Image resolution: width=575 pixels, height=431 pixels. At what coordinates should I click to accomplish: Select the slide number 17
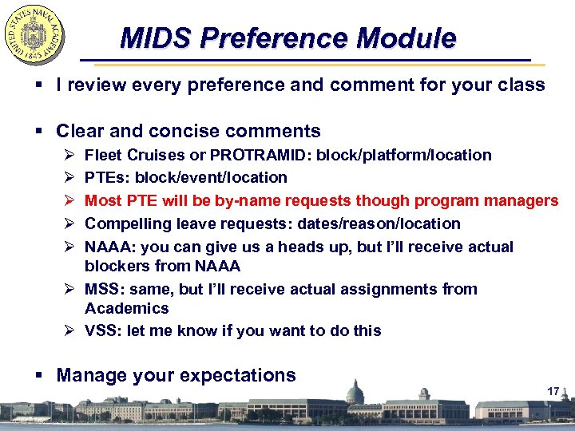tap(553, 391)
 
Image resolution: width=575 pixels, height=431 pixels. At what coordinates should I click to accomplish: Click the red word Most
tap(103, 200)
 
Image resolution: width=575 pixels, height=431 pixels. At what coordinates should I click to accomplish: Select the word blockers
tap(117, 266)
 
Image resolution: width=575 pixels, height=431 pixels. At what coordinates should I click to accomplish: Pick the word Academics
tap(127, 308)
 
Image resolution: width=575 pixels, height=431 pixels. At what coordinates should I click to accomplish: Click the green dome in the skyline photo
tap(355, 390)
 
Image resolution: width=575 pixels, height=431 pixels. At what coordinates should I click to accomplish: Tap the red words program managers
tap(496, 200)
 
